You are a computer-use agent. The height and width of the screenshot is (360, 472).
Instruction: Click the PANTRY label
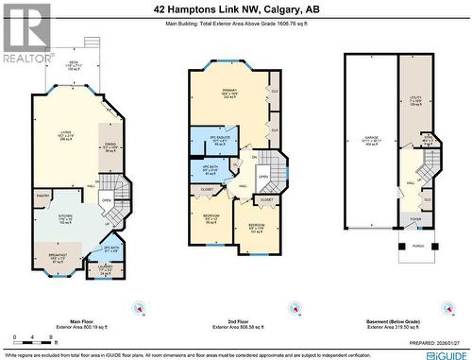click(43, 196)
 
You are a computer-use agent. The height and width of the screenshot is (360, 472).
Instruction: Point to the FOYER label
click(415, 217)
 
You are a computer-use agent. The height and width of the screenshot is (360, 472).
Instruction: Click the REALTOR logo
click(26, 32)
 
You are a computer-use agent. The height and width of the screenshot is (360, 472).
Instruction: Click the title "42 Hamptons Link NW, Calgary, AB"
click(236, 9)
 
